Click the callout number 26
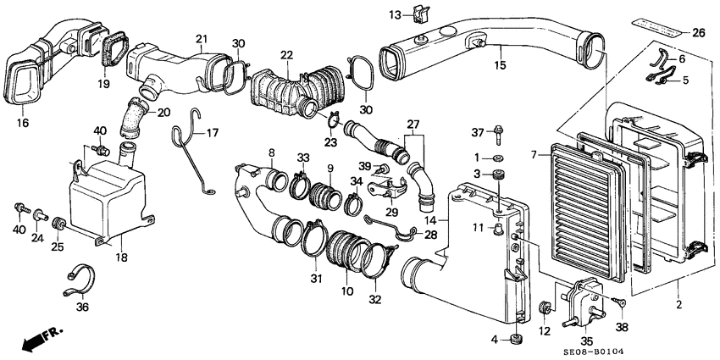point(699,32)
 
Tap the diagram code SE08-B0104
point(593,352)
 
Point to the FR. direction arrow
point(41,338)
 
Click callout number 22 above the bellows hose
point(286,56)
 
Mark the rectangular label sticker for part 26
point(656,29)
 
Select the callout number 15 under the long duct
point(500,66)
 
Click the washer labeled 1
point(497,159)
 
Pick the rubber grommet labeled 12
point(546,307)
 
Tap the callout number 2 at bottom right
point(679,304)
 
